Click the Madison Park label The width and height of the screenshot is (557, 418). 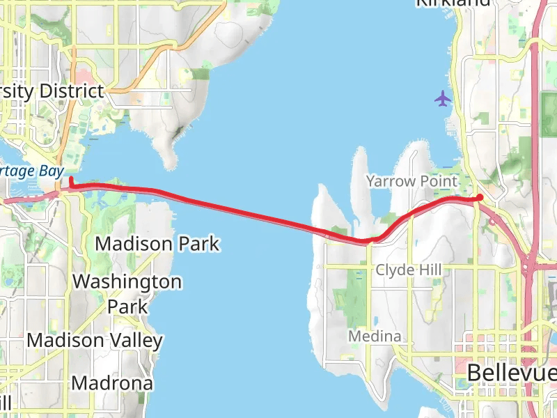pos(157,244)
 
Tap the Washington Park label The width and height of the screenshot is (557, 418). pos(127,293)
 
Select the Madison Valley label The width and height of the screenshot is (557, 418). pos(95,341)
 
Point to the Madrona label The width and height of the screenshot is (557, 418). pos(112,383)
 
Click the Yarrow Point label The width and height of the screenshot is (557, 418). pos(412,182)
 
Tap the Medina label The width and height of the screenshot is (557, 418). pos(375,337)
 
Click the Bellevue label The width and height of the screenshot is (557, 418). pos(511,372)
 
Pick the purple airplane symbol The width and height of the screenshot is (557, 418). pos(443,99)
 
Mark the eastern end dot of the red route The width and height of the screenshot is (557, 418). pos(480,198)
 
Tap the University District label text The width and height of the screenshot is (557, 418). pos(52,91)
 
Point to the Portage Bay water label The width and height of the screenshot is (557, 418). pos(31,171)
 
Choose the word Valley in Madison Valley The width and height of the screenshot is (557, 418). pos(138,341)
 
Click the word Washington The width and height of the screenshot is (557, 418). pos(127,282)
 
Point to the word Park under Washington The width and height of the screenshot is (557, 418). pos(127,306)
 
